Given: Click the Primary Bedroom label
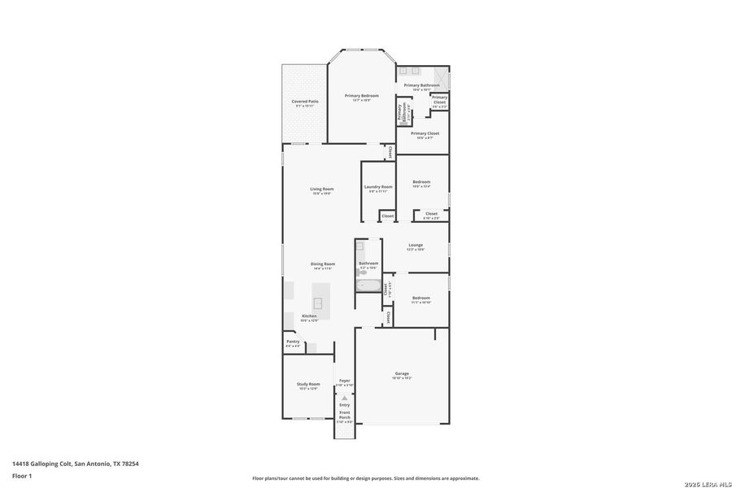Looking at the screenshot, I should coord(362,96).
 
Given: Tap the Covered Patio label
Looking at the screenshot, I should coord(305,102).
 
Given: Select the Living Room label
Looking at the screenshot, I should coord(322,190).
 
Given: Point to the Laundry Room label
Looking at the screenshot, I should coord(379,187).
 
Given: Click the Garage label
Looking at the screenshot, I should coord(402,374).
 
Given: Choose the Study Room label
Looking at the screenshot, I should coord(307,384).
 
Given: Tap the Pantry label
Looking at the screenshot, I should coord(293,342).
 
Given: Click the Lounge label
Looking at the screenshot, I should coord(416,245).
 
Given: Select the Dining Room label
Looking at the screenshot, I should coord(323,264).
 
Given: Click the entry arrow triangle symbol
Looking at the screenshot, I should coord(344,398).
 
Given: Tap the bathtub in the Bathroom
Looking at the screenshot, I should coord(368,286).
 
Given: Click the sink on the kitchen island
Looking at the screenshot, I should coord(319,303).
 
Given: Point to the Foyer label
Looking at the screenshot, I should coord(345,381).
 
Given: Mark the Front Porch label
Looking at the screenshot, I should coord(345,416).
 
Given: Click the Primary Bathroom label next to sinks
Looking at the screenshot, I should coord(421,85).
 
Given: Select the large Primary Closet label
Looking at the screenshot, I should coord(425,133).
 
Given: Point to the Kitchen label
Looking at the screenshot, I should coord(309,316).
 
